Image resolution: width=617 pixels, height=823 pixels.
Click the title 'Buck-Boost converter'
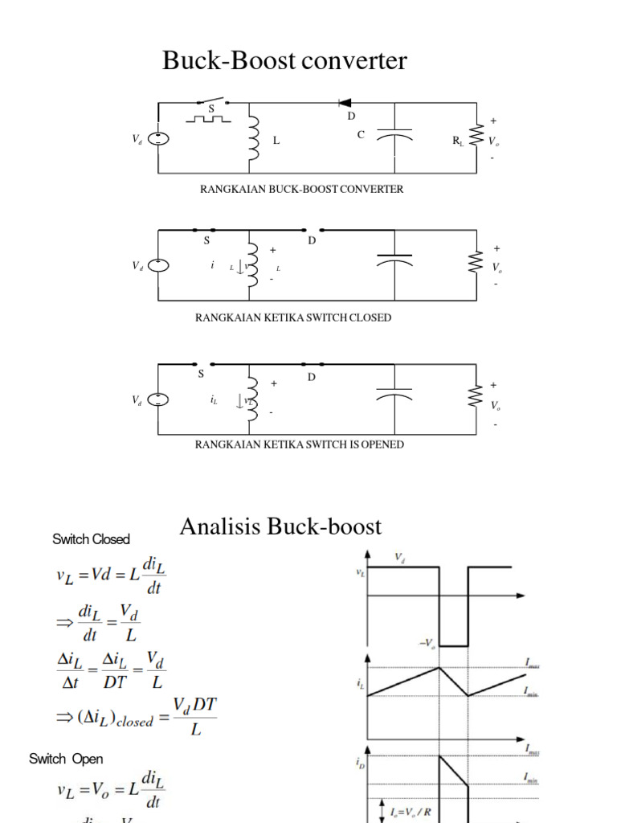pyautogui.click(x=284, y=61)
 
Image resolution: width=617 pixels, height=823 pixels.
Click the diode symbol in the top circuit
pyautogui.click(x=345, y=103)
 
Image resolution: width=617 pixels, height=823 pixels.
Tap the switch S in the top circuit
pyautogui.click(x=212, y=102)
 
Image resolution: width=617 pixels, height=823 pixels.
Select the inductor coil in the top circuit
pyautogui.click(x=253, y=138)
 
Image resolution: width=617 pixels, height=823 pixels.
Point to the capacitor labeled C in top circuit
pyautogui.click(x=394, y=137)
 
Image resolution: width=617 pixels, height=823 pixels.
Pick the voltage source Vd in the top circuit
pyautogui.click(x=158, y=138)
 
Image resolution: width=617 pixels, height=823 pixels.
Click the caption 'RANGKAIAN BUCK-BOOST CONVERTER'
pyautogui.click(x=301, y=190)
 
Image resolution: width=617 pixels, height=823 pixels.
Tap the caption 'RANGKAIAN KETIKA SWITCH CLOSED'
pyautogui.click(x=293, y=317)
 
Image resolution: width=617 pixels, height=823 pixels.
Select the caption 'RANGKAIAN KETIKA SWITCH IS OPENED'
pyautogui.click(x=299, y=444)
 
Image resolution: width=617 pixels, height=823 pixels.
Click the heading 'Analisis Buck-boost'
pyautogui.click(x=280, y=526)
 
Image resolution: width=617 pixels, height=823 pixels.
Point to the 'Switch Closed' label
pyautogui.click(x=91, y=538)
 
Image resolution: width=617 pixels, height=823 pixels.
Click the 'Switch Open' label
pyautogui.click(x=66, y=759)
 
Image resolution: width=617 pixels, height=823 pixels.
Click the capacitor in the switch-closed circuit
pyautogui.click(x=394, y=261)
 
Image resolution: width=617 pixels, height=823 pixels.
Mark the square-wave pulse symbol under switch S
pyautogui.click(x=207, y=119)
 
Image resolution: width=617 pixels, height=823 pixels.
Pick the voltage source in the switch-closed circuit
pyautogui.click(x=158, y=265)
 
